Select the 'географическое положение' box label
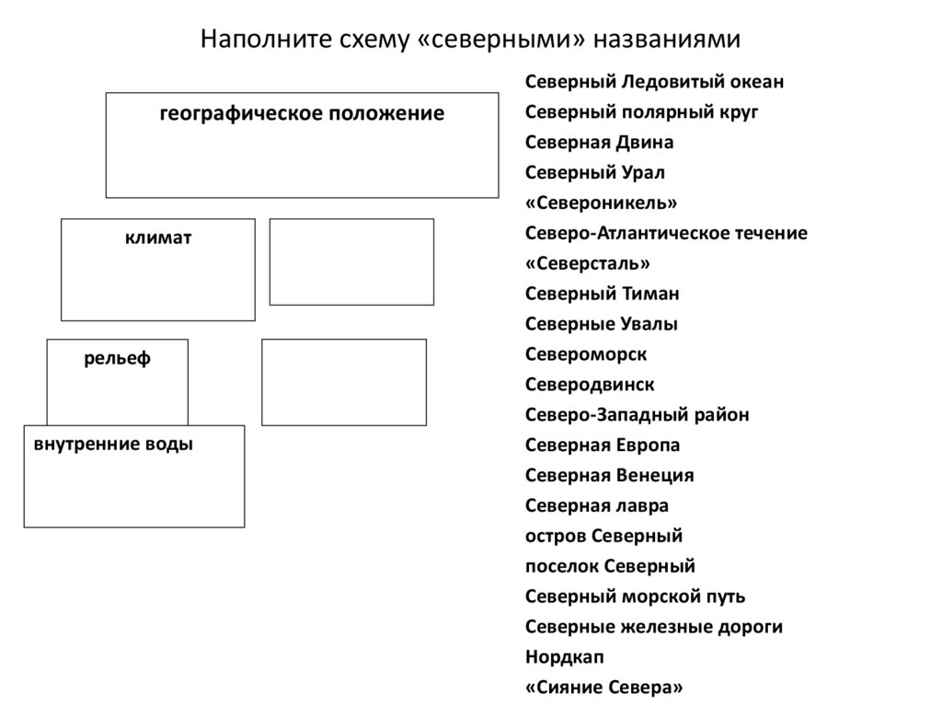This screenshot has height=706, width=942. pos(302,113)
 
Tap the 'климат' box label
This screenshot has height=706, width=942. pos(158,238)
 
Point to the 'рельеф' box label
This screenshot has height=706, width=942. pos(118,358)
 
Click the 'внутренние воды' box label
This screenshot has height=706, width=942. pos(113,445)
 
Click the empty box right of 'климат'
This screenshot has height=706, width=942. pos(351,261)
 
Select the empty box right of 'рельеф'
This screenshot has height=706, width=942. pos(344,382)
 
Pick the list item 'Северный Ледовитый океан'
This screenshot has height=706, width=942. pos(654,82)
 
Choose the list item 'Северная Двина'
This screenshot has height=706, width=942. pos(599,143)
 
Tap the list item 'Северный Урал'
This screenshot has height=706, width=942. pos(594,173)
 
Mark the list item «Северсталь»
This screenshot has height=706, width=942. pos(588,263)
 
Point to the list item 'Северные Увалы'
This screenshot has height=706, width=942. pos(602,324)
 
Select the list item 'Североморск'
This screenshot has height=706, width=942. pos(586,354)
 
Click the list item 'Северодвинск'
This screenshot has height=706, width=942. pos(590,385)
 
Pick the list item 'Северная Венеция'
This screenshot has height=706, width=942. pos(609,476)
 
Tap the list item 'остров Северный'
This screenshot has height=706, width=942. pos(603,536)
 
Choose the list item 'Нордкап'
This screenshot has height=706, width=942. pos(565,657)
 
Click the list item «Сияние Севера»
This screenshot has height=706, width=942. pos(604,688)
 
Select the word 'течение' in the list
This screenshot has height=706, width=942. pos(766,233)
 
